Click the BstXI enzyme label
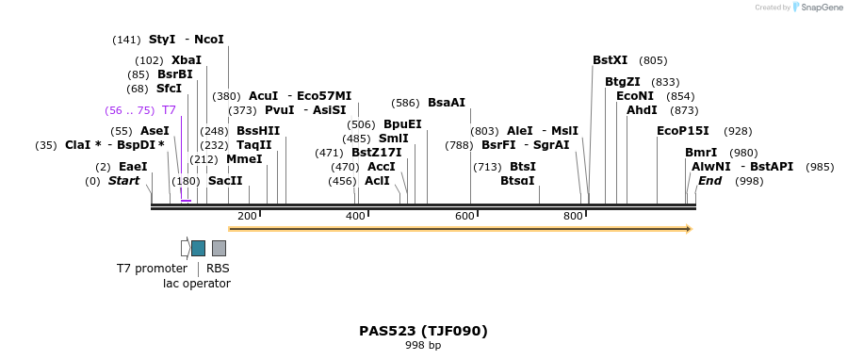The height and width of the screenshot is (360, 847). point(610,60)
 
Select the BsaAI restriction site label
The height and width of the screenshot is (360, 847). point(446,103)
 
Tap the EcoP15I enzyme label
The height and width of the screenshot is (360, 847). point(682,131)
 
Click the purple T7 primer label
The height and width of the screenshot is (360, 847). point(169,110)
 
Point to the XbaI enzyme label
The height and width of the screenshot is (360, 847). point(186,60)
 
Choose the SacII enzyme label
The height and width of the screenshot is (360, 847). point(225,181)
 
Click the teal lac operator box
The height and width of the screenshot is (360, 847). point(198,248)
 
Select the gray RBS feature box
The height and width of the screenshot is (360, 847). point(219,248)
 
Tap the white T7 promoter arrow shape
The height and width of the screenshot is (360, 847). point(186,248)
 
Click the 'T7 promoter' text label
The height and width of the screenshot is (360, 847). point(152,269)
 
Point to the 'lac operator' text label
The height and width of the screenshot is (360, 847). point(196,283)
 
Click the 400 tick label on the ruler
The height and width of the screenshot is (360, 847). point(356,217)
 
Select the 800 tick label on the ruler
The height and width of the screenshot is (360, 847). point(574,217)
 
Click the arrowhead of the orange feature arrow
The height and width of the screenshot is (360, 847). point(689,229)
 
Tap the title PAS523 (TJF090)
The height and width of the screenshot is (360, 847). point(423,331)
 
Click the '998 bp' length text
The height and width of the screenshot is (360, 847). point(423,346)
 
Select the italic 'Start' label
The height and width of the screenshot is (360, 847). point(123,181)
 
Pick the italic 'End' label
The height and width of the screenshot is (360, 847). point(709,181)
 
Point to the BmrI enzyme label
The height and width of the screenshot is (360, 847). point(701,153)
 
